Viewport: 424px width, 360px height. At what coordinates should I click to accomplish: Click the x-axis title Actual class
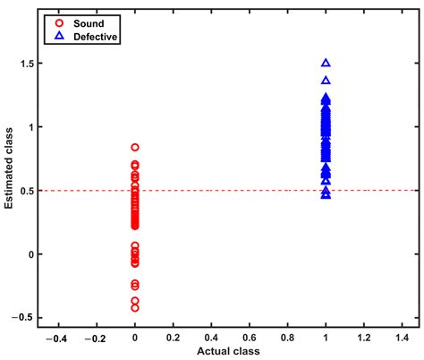[x=229, y=352]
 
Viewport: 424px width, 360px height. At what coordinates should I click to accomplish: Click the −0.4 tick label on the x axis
[x=58, y=339]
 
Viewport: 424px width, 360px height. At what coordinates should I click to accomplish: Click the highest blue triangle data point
[x=326, y=64]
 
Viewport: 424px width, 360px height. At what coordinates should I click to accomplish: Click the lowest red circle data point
[x=135, y=307]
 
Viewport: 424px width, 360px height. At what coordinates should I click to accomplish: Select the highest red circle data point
[x=135, y=147]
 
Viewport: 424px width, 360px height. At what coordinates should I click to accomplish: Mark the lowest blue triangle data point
[x=326, y=193]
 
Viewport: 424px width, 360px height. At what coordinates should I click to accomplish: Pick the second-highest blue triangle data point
[x=326, y=81]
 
